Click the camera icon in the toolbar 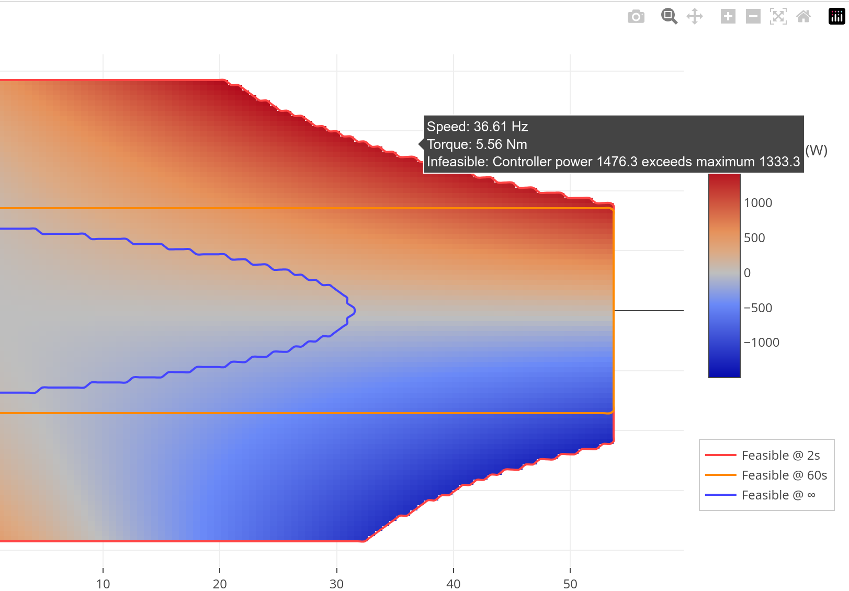coord(636,17)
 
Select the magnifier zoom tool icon coord(669,16)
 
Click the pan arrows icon coord(695,16)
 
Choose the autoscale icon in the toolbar coord(778,16)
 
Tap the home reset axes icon coord(803,16)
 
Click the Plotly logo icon coord(836,16)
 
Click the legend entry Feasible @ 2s coord(780,456)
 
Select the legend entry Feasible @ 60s coord(784,475)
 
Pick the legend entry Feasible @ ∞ coord(778,495)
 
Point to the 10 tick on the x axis coord(103,584)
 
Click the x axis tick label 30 coord(336,584)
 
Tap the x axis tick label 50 coord(570,584)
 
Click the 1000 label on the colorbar coord(758,203)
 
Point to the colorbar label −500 coord(758,308)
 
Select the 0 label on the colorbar coord(747,273)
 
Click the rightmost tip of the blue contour coord(355,311)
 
